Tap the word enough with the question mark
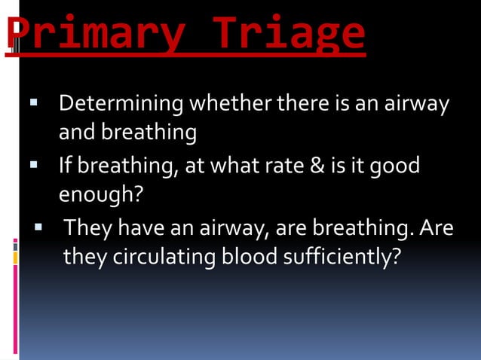[x=101, y=195]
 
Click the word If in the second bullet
[x=66, y=164]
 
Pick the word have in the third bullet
[x=131, y=227]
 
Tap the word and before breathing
[x=75, y=133]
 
